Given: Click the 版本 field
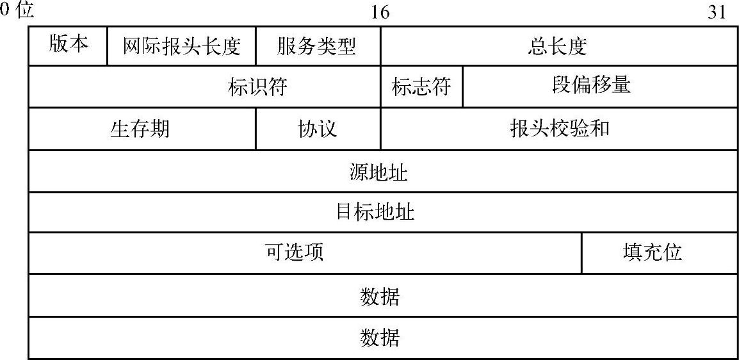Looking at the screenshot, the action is coord(68,45).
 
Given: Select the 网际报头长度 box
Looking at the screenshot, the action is coord(181,46).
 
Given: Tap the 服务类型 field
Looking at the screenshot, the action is coord(318,46).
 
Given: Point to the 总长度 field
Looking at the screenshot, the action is coord(558,46).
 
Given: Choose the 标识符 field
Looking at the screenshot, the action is coord(257,86).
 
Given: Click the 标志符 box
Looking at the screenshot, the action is coord(421,86).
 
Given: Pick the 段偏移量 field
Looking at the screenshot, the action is coord(591,86).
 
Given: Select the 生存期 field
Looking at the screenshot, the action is coord(141,129).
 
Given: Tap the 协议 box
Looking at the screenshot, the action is coord(318,129).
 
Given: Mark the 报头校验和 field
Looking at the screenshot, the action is coord(559,129).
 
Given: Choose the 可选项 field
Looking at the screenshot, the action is coord(295,252).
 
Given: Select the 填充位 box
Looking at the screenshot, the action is coord(653,252).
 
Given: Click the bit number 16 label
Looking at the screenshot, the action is coord(380,12).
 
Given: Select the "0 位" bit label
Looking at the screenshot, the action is coord(17,11).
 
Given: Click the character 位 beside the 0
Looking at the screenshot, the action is coord(24,11).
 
